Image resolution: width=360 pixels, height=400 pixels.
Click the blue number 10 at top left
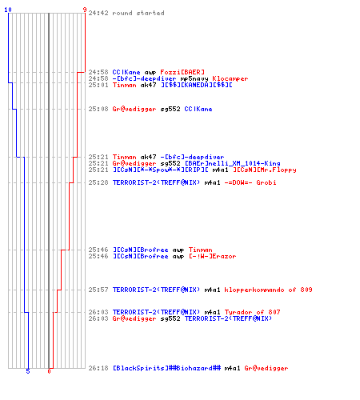[x=8, y=10]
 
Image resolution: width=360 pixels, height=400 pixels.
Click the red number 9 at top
[x=85, y=10]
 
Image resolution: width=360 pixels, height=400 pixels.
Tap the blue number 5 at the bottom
[x=28, y=371]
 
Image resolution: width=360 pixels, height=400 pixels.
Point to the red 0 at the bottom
[x=49, y=371]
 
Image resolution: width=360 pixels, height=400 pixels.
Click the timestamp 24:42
[x=98, y=13]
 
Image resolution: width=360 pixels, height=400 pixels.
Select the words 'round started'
[x=138, y=13]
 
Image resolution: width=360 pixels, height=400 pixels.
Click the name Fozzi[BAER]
[x=182, y=72]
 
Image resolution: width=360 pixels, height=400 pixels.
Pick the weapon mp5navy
[x=194, y=78]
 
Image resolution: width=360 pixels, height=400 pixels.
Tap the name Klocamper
[x=230, y=78]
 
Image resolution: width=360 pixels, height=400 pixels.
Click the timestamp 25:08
[x=98, y=109]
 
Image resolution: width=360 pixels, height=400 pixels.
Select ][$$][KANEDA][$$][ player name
[x=197, y=85]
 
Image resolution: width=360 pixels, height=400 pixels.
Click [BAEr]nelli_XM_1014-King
[x=233, y=163]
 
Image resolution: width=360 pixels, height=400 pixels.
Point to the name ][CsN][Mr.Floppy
[x=265, y=170]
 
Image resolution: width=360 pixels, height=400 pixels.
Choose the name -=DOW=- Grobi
[x=250, y=182]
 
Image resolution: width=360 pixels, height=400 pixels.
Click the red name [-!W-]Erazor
[x=213, y=256]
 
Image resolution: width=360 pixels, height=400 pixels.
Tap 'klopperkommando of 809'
[x=268, y=290]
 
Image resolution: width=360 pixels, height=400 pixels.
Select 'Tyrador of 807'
[x=252, y=312]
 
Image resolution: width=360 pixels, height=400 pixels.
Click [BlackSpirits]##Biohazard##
[x=166, y=368]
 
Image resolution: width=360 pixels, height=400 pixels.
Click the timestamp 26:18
[x=98, y=368]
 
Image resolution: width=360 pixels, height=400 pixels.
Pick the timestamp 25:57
[x=98, y=290]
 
